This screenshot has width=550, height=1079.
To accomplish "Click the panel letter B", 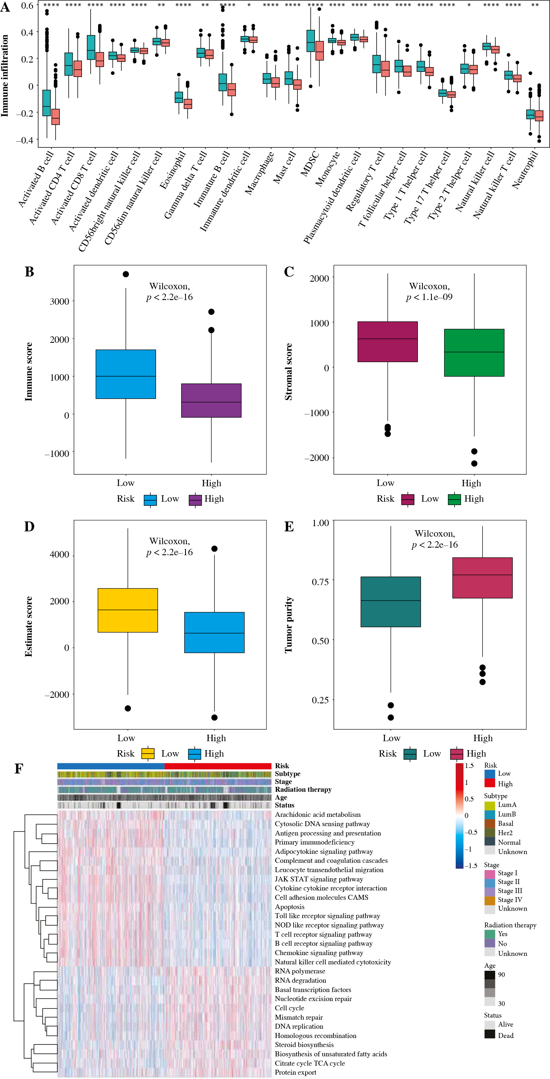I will [29, 272].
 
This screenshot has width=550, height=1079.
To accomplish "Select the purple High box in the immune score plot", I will [211, 400].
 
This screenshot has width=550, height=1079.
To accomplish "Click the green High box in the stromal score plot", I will [474, 353].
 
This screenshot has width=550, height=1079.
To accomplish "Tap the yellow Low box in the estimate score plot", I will [128, 610].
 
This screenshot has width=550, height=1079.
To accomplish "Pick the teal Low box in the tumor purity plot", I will [391, 601].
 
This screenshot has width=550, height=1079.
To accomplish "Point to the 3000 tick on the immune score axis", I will [59, 301].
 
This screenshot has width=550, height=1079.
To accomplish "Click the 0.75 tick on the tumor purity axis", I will [320, 581].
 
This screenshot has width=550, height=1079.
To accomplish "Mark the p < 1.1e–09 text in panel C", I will [429, 297].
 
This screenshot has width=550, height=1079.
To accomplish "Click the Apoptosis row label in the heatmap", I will [290, 907].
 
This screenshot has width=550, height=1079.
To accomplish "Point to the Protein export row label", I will [295, 1073].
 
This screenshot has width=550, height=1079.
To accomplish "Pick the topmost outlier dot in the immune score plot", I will [126, 274].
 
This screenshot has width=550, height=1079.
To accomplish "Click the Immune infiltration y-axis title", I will [5, 75].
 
